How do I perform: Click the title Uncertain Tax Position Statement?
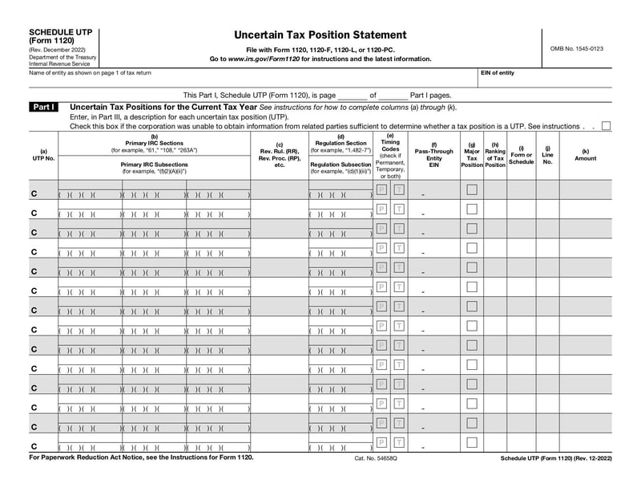[x=308, y=35]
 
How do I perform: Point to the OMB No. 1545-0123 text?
[x=576, y=49]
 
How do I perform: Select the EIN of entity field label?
[x=498, y=73]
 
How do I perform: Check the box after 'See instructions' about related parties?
[x=606, y=126]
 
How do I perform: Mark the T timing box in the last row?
[x=398, y=442]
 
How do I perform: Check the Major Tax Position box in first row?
[x=472, y=189]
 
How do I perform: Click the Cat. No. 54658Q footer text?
[x=376, y=457]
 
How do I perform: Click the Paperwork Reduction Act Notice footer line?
[x=141, y=457]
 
